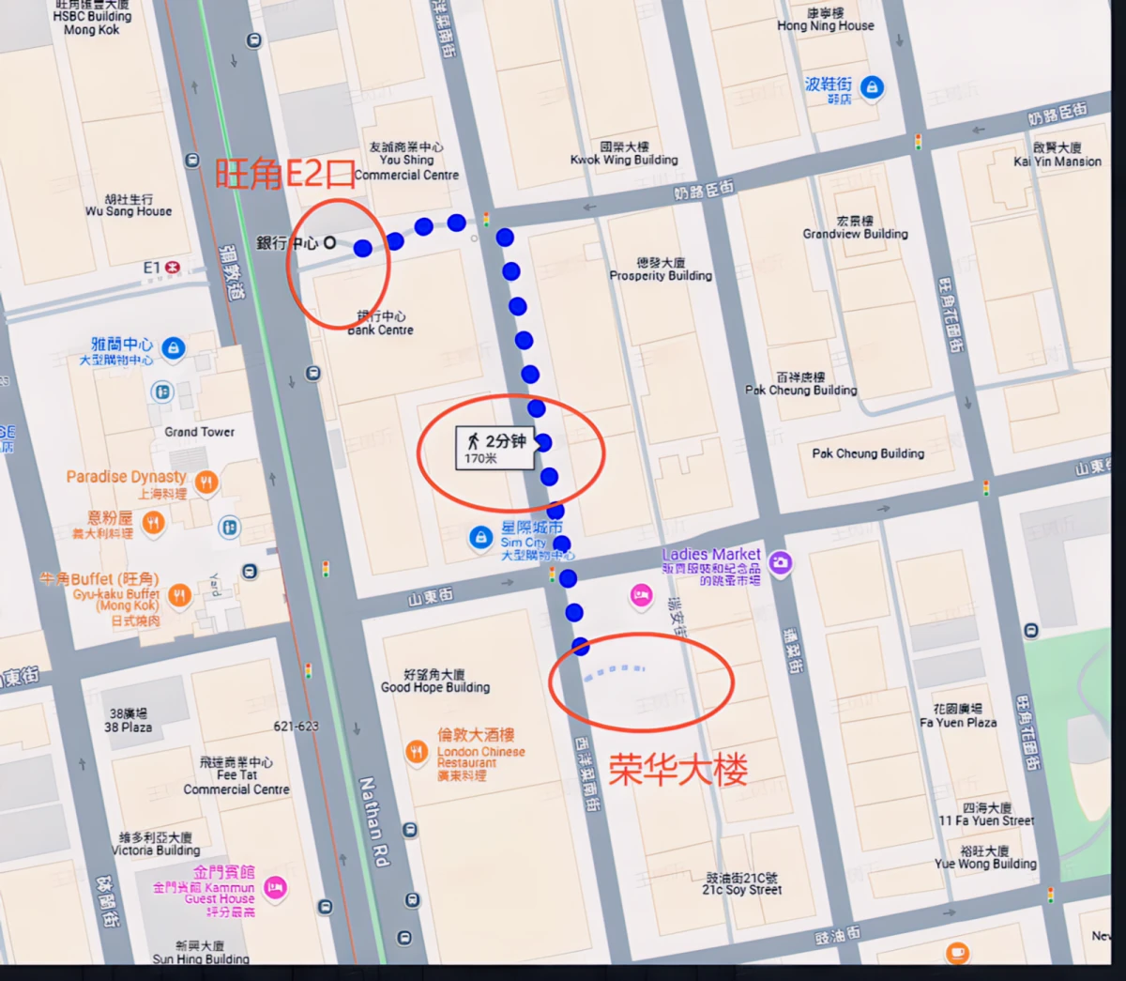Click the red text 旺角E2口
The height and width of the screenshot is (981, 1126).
[285, 173]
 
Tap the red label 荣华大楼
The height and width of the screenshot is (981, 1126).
[678, 771]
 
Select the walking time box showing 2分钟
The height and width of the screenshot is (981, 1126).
[495, 448]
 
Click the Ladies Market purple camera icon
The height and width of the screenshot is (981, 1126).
[780, 562]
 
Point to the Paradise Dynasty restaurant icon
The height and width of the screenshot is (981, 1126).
[206, 483]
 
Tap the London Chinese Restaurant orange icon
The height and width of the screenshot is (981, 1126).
[417, 751]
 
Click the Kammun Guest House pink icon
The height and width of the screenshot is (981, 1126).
[275, 887]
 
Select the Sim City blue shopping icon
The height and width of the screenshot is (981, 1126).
[480, 537]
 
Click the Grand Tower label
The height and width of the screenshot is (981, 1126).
[200, 432]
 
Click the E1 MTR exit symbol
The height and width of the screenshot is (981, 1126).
[172, 268]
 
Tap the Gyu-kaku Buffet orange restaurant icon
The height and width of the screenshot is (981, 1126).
[179, 594]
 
